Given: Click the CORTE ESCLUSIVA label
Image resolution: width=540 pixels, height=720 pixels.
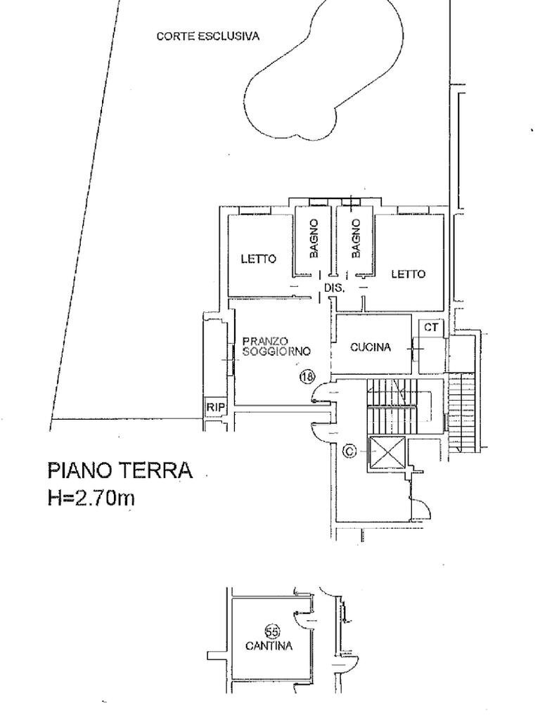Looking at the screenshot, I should click(x=207, y=36).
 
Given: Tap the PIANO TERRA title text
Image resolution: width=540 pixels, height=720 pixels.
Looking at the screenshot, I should click(x=120, y=470).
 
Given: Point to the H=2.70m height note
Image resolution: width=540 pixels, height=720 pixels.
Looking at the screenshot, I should click(x=91, y=498).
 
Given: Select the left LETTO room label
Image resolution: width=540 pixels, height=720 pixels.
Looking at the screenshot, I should click(x=259, y=259).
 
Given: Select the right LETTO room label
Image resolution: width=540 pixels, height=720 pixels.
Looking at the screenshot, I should click(x=408, y=274).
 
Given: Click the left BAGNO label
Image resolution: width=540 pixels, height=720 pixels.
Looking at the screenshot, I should click(x=314, y=238).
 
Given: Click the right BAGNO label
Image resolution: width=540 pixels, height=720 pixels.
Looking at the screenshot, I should click(x=356, y=238).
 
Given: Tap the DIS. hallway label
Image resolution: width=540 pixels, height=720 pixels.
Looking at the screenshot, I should click(x=334, y=288).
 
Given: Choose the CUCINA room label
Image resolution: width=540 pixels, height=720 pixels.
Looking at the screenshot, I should click(x=371, y=347).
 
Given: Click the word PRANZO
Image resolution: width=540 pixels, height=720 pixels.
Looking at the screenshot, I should click(x=264, y=341).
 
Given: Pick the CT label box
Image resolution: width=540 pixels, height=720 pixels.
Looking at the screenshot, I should click(x=431, y=327).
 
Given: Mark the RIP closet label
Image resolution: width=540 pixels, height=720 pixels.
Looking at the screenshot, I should click(x=214, y=407).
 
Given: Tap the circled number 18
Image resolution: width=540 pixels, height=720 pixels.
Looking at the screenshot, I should click(x=307, y=376).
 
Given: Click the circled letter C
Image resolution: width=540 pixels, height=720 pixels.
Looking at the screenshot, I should click(x=349, y=451).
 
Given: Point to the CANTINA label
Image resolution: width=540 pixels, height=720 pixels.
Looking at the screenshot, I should click(x=269, y=646).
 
